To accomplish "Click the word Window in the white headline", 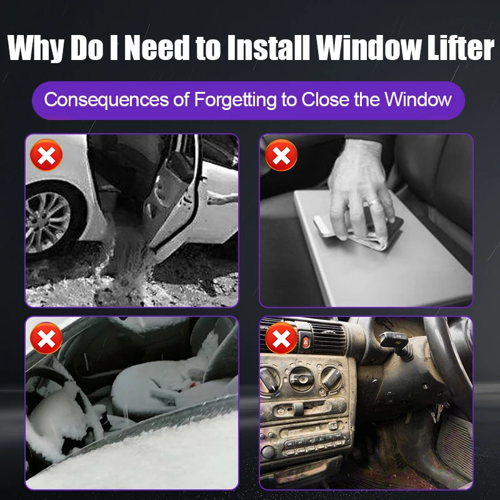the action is pyautogui.click(x=369, y=47).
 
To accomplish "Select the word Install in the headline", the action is pyautogui.click(x=269, y=47).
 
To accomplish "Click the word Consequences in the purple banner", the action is pyautogui.click(x=106, y=99).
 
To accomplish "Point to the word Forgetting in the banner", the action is pyautogui.click(x=236, y=100).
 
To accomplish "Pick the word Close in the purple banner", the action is pyautogui.click(x=325, y=99).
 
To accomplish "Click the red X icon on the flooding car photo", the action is pyautogui.click(x=46, y=155).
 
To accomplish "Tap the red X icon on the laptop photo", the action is pyautogui.click(x=281, y=155).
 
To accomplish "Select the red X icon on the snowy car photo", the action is pyautogui.click(x=46, y=338).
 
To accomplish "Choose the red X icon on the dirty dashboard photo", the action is pyautogui.click(x=281, y=338).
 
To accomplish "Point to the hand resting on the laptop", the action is pyautogui.click(x=360, y=188).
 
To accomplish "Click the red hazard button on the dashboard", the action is pyautogui.click(x=306, y=342).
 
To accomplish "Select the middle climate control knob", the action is pyautogui.click(x=301, y=379).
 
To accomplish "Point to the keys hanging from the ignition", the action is pyautogui.click(x=437, y=412).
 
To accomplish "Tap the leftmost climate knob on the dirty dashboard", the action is pyautogui.click(x=269, y=379).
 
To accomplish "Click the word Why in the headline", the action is pyautogui.click(x=35, y=48).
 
